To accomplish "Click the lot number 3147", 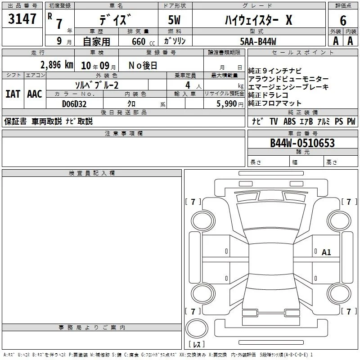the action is coord(22,19).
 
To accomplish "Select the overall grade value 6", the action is coord(343,20).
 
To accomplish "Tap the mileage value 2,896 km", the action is coord(57,65).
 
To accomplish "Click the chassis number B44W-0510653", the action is coord(302,143).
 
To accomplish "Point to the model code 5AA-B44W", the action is coord(258,41).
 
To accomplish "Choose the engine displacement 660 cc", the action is coord(143,41).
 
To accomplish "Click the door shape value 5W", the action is coord(174,20).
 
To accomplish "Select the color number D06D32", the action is coord(74,104).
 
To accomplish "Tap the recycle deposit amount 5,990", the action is coord(227,104).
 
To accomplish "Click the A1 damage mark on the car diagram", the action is coord(326,252).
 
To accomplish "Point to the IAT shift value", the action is coord(13,94).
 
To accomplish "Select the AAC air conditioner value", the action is coord(35,94).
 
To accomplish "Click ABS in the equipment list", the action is coord(289,121).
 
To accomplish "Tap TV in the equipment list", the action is coord(274,121).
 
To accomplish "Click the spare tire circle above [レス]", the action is coord(197,328).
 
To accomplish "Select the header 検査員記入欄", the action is coord(92,173).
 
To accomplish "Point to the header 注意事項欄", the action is coord(124,133).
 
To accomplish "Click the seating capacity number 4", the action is coord(188,85).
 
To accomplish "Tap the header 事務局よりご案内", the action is coord(92,328).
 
